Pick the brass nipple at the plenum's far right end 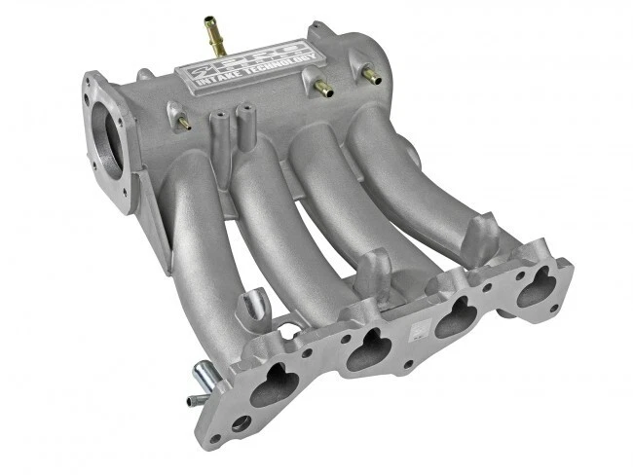pyautogui.click(x=371, y=74)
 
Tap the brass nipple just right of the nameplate pyautogui.click(x=322, y=89)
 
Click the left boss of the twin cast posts pyautogui.click(x=217, y=126)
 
